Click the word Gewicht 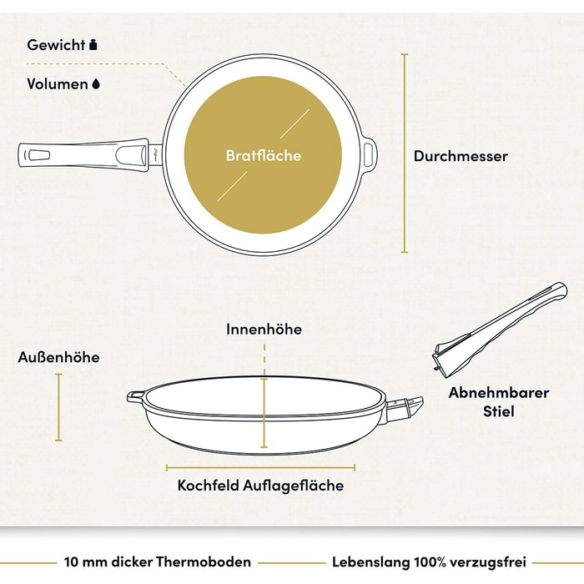56,45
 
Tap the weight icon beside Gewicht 93,45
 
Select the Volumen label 57,83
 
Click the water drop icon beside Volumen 96,84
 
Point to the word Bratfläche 264,155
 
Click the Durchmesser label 461,156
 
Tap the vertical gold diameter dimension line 405,153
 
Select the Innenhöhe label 264,330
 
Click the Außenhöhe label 59,357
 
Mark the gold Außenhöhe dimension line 58,407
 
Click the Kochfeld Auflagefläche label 260,486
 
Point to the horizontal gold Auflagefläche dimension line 260,468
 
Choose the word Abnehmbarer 499,393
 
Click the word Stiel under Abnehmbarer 499,411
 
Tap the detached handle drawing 499,330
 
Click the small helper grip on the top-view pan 370,153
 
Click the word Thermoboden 203,561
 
